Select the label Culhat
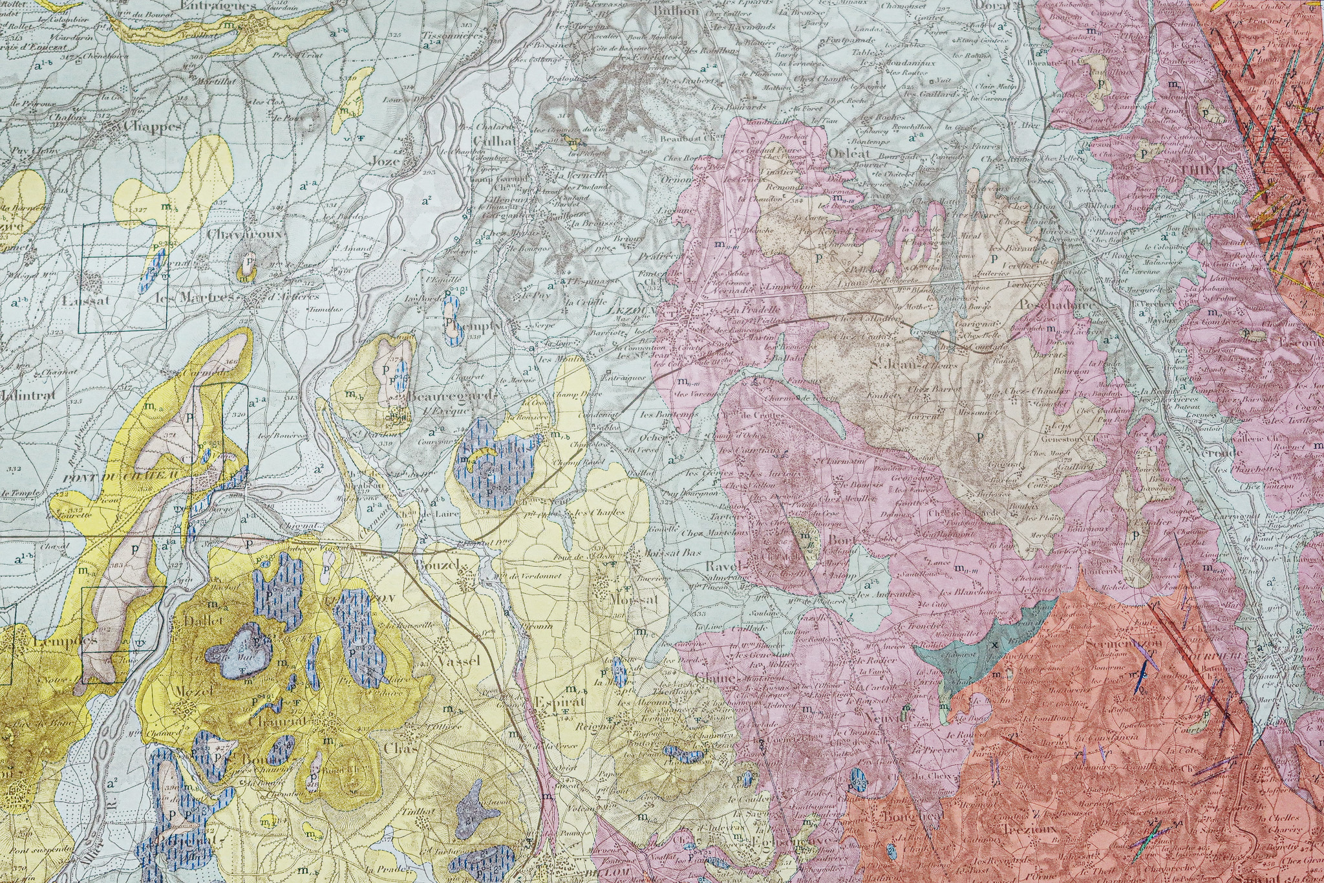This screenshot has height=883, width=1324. click(x=494, y=141)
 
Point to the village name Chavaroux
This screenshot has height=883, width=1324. click(x=245, y=234)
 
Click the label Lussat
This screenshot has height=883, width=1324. click(x=86, y=301)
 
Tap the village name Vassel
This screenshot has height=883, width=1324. click(x=458, y=660)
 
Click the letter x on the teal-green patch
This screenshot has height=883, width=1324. click(x=995, y=645)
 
